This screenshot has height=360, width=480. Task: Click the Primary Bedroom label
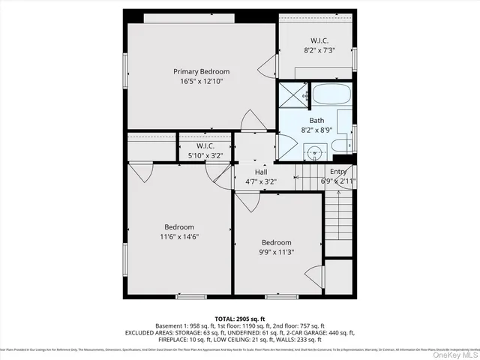(x=200, y=71)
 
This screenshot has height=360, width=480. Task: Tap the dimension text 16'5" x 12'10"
(x=200, y=81)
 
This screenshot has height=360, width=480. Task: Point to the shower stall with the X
(x=292, y=96)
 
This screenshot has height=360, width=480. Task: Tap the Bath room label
(x=316, y=120)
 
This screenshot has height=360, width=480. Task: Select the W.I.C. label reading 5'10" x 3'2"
(x=205, y=146)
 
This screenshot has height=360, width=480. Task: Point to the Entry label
(x=337, y=172)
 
